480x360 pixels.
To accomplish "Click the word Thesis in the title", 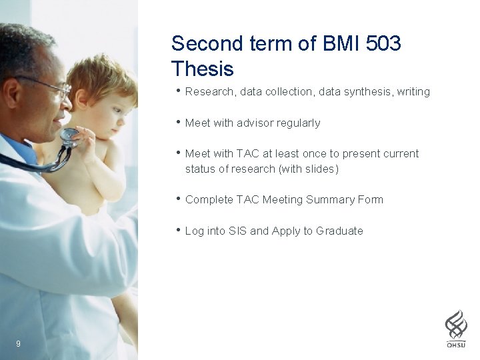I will [202, 69].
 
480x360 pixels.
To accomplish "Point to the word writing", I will [413, 92].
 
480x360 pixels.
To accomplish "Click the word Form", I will [370, 200].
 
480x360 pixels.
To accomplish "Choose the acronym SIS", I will [237, 231].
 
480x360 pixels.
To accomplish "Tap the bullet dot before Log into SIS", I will [178, 230].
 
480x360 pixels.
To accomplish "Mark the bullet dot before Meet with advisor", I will [178, 122].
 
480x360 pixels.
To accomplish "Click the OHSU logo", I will [456, 329].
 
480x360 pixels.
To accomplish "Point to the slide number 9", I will [18, 343].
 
